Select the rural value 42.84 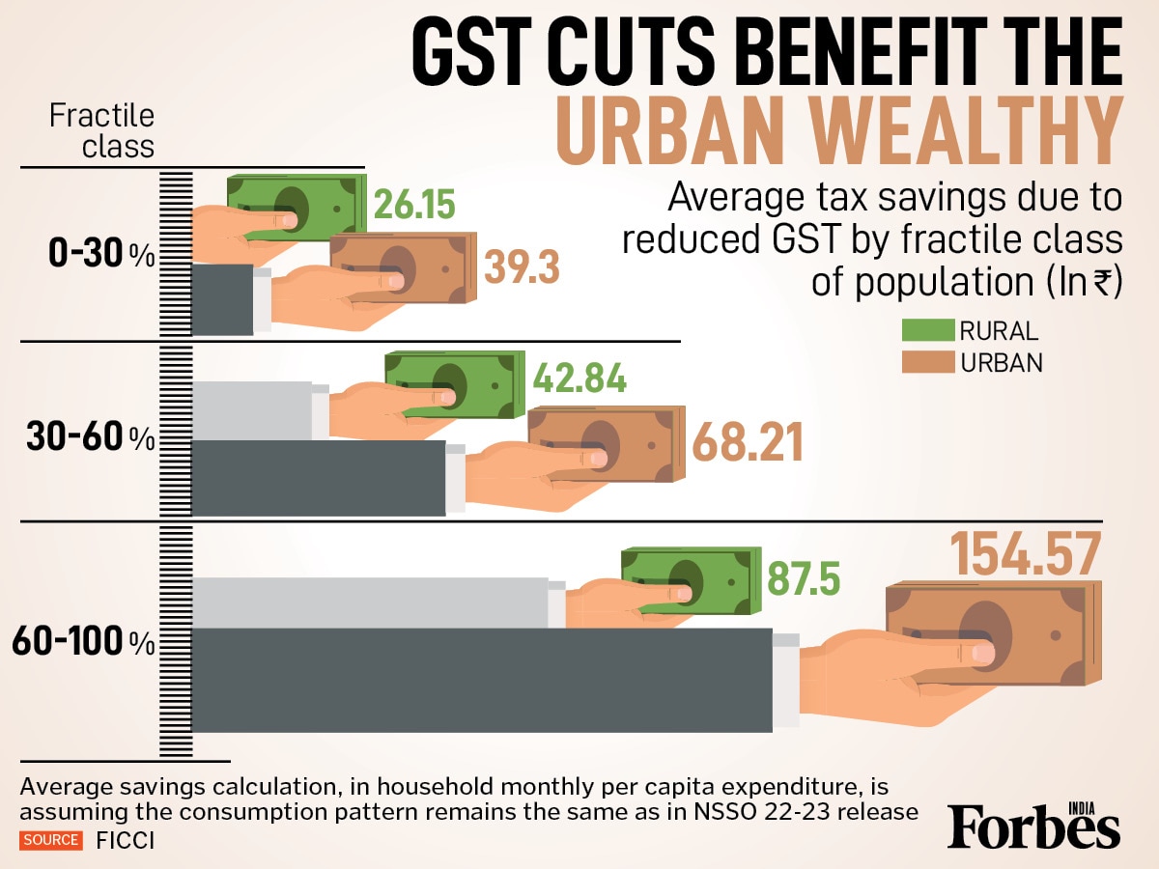pyautogui.click(x=579, y=378)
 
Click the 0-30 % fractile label pyautogui.click(x=101, y=256)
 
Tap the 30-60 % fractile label pyautogui.click(x=90, y=437)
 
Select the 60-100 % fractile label pyautogui.click(x=83, y=642)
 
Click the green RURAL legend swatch pyautogui.click(x=926, y=331)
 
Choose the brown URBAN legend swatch pyautogui.click(x=926, y=363)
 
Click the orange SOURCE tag pyautogui.click(x=52, y=840)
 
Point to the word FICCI pyautogui.click(x=126, y=841)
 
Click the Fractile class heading pyautogui.click(x=101, y=130)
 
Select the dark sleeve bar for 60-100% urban pyautogui.click(x=483, y=679)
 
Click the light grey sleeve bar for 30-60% pyautogui.click(x=253, y=410)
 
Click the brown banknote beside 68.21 pyautogui.click(x=604, y=443)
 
